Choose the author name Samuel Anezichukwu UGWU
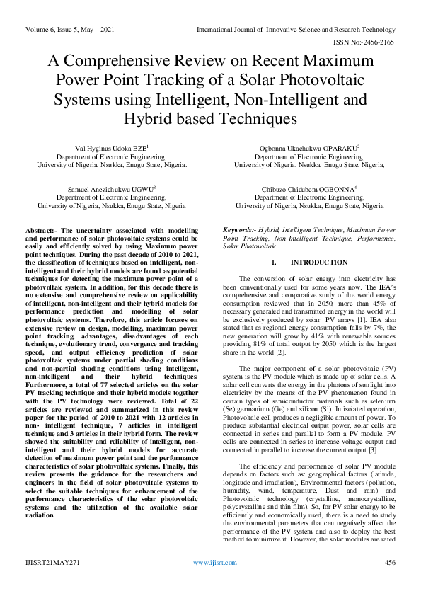point(111,190)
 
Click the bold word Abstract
point(40,231)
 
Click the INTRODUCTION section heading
point(309,263)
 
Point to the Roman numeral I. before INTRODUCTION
point(274,263)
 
